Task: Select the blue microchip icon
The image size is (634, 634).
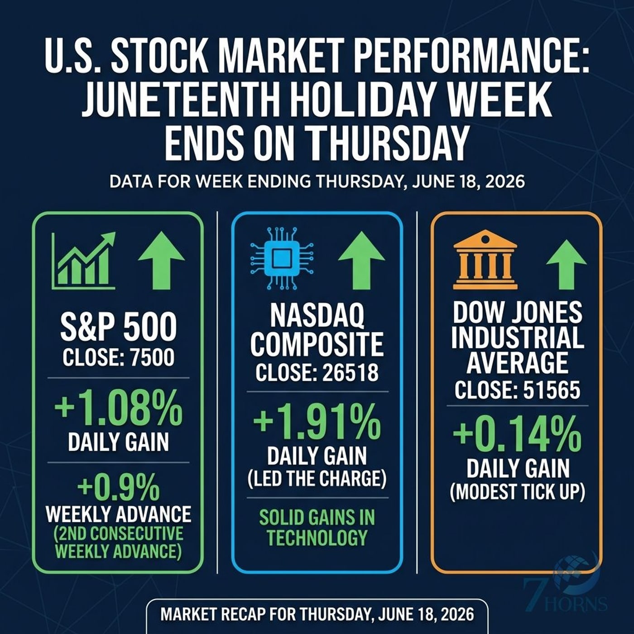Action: click(x=282, y=258)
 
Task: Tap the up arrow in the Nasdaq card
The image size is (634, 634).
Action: click(x=361, y=260)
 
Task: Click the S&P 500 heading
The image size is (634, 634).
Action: click(x=119, y=328)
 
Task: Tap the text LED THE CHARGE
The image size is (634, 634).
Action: click(x=317, y=479)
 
